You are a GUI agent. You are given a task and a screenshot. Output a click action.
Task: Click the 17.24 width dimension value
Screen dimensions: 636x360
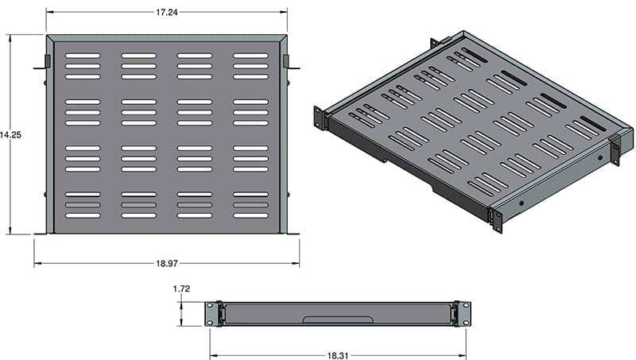(167, 12)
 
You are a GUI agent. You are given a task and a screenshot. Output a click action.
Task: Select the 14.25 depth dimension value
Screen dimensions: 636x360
(10, 135)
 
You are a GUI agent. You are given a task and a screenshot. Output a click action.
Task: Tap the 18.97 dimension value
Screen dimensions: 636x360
(167, 264)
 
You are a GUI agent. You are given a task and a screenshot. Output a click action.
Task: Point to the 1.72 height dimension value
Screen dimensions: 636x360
(181, 288)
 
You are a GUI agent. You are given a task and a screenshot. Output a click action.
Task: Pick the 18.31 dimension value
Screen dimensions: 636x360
(337, 356)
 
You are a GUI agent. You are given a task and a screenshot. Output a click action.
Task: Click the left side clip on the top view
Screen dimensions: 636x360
(48, 61)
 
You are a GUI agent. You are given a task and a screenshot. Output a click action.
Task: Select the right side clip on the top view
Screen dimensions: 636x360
(286, 61)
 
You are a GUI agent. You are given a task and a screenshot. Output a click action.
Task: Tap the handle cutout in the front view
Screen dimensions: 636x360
(337, 319)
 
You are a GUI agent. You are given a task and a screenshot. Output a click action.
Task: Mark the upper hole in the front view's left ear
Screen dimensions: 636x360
(209, 306)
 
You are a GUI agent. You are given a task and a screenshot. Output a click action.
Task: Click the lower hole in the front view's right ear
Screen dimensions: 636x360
(467, 323)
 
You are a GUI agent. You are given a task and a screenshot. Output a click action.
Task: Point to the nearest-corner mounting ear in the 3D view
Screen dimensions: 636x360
(498, 221)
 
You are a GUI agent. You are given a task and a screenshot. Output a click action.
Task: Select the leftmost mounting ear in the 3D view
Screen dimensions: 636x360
(320, 118)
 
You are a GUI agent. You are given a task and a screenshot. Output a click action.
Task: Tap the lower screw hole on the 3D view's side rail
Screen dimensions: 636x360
(522, 203)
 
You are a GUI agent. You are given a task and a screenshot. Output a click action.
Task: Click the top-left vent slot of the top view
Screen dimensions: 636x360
(83, 56)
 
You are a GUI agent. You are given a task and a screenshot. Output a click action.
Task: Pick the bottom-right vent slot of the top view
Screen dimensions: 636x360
(250, 215)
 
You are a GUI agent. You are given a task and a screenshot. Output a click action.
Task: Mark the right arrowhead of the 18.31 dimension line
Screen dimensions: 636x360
(463, 356)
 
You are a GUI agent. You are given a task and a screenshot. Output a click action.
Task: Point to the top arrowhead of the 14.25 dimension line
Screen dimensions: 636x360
(10, 38)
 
